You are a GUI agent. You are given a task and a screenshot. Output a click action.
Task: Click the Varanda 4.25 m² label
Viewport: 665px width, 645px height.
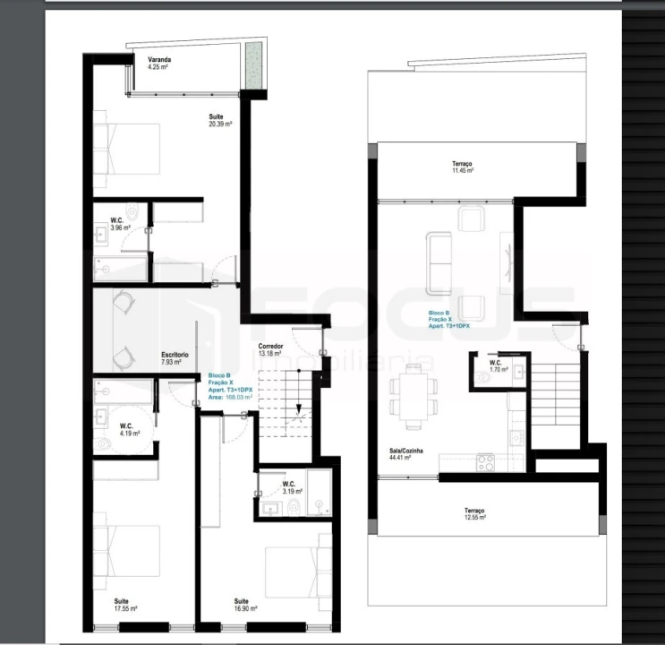pos(159,63)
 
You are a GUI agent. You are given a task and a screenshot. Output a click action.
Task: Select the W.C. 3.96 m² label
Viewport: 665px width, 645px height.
pos(120,224)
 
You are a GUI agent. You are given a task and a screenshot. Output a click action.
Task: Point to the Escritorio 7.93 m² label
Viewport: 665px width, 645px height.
pos(175,358)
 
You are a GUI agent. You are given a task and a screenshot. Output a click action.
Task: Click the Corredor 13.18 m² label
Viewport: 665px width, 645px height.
pos(270,349)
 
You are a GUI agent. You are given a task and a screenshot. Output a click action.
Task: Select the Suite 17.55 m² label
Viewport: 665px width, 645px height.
pos(125,605)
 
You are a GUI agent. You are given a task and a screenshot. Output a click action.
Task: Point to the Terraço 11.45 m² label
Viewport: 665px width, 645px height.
pos(462,167)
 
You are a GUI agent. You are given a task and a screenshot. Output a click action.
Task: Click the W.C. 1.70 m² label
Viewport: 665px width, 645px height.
pos(499,365)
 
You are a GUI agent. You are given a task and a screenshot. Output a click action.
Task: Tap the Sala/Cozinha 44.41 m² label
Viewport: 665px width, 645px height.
pos(400,454)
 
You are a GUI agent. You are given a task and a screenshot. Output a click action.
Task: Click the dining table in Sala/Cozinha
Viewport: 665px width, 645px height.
pos(413,397)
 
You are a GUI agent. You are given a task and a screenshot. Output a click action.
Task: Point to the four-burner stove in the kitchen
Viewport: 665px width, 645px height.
pos(486,463)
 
